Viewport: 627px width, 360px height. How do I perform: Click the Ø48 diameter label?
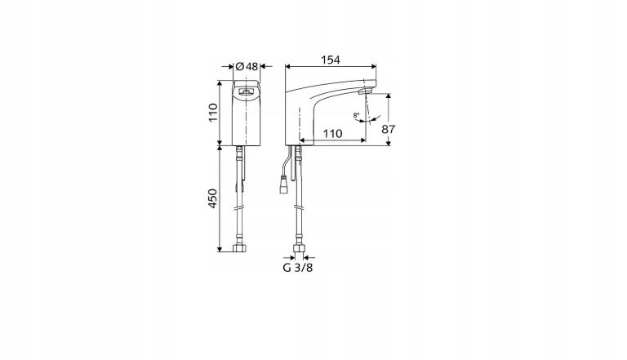click(x=247, y=66)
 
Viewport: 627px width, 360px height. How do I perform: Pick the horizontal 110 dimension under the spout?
click(x=331, y=132)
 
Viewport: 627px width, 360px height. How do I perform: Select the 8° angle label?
click(x=357, y=115)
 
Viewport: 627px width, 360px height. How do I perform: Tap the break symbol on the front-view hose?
click(x=240, y=210)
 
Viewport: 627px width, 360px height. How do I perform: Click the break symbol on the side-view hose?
click(x=299, y=210)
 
